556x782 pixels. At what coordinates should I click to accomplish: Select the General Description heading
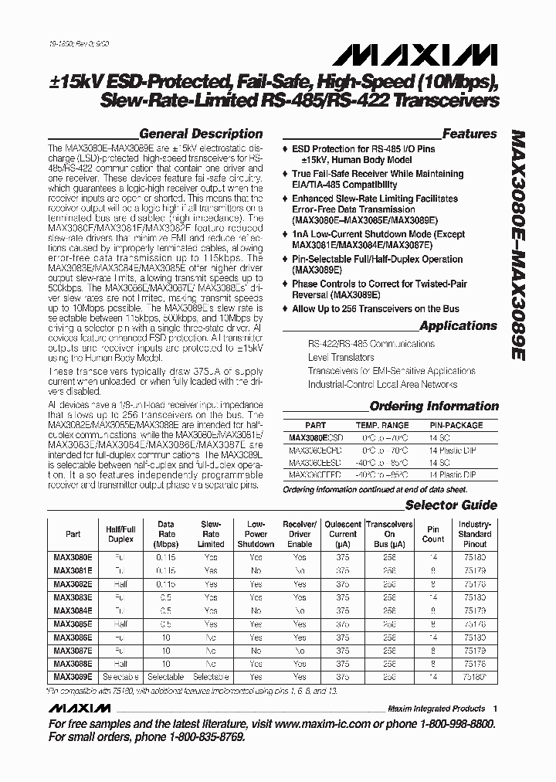[201, 134]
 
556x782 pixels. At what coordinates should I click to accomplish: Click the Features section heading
[470, 134]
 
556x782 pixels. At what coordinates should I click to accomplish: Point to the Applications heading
[457, 325]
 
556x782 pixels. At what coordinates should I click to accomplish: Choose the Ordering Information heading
[434, 406]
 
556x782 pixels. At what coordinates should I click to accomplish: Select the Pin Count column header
[433, 534]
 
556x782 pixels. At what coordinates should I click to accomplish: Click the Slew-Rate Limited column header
[211, 534]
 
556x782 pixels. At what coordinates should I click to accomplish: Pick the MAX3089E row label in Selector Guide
[73, 676]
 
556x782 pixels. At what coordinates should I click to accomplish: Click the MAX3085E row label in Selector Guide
[73, 624]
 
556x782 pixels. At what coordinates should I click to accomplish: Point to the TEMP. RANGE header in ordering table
[381, 425]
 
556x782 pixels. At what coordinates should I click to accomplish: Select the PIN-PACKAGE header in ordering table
[457, 425]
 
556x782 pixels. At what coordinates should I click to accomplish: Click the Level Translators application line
[341, 358]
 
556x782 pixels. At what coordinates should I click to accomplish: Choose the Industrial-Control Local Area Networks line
[382, 384]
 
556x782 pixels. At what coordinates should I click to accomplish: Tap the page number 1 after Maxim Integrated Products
[495, 708]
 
